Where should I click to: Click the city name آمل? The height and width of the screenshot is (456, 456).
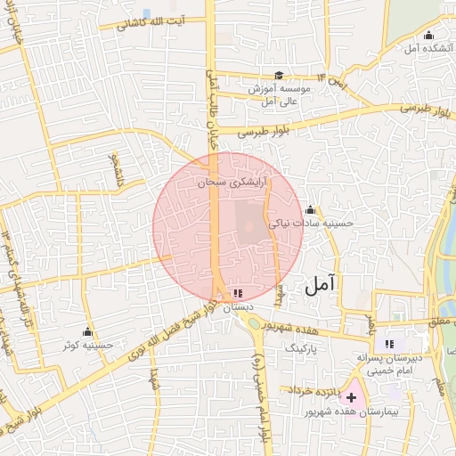tap(321, 285)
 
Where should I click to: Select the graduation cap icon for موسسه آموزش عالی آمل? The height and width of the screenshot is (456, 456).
tap(279, 76)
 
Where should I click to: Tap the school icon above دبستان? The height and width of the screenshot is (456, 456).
tap(236, 291)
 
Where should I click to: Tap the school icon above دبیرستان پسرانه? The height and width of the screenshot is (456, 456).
tap(388, 343)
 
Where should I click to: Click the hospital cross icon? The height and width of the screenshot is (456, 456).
tap(351, 396)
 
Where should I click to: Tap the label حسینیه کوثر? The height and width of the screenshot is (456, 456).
tap(90, 345)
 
